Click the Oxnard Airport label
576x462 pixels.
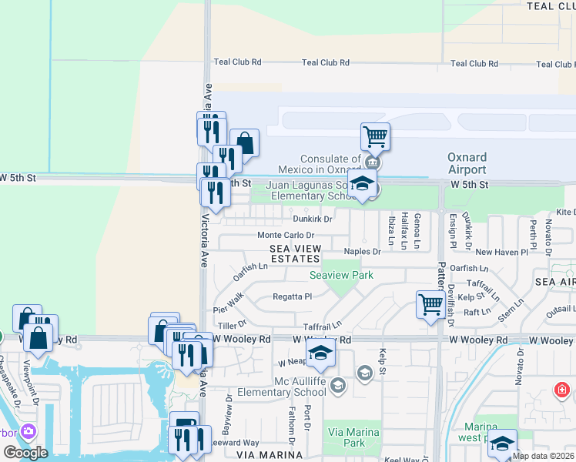click(467, 163)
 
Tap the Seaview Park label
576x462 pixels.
click(341, 275)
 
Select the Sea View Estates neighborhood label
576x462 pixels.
click(296, 253)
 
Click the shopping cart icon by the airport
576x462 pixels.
click(375, 137)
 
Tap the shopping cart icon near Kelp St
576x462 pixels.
click(430, 303)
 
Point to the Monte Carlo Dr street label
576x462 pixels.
click(286, 236)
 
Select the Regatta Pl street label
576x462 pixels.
click(292, 296)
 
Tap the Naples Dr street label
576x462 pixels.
click(362, 252)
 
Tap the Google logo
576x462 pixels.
click(25, 452)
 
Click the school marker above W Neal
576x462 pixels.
click(321, 353)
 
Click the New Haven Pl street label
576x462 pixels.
click(501, 252)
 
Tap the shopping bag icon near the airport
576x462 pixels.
click(244, 143)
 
